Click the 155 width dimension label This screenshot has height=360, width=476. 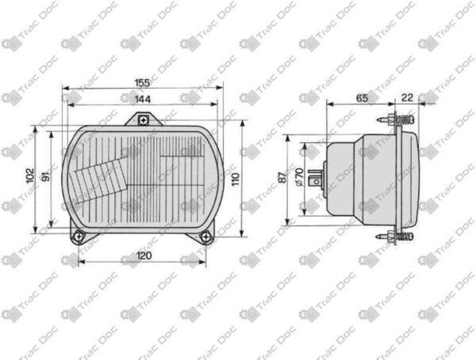point(142,83)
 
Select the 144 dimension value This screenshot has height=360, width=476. point(143,99)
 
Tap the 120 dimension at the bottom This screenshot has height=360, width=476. point(144,255)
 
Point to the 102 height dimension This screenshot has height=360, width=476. point(30,176)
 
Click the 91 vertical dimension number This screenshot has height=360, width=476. point(45,176)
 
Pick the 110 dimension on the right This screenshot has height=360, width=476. point(236,179)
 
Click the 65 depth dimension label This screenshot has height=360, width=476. point(362,98)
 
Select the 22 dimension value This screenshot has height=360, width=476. point(407,98)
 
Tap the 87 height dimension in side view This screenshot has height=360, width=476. point(282,178)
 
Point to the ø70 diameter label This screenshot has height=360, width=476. point(299,177)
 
